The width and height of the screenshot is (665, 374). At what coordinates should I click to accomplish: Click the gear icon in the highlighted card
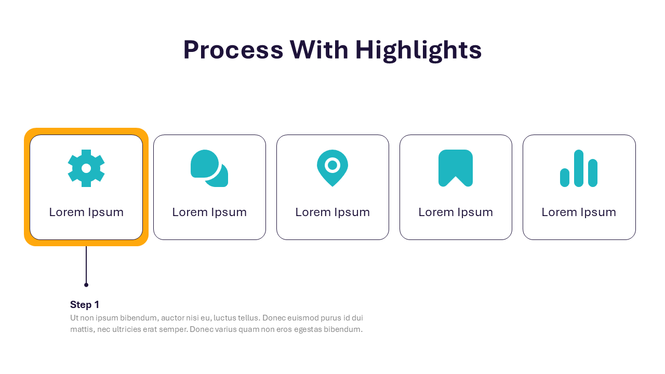point(86,168)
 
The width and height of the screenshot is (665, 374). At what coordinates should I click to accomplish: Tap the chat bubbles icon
point(209,168)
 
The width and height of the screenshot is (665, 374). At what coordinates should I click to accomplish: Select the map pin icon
point(332,168)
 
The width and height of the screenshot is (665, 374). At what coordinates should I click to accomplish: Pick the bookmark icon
point(456,168)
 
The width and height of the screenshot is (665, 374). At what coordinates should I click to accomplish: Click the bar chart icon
point(579,168)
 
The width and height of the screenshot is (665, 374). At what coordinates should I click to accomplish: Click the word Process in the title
point(233,50)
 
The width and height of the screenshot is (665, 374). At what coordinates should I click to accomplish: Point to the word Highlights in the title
point(419,51)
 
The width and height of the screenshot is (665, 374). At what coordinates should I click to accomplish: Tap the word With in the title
point(319,49)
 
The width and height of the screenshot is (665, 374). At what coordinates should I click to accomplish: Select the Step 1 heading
point(85,304)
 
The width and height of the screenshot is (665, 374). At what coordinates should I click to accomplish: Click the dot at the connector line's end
point(86,285)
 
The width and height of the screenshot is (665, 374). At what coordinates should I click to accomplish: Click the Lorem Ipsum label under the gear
point(86,212)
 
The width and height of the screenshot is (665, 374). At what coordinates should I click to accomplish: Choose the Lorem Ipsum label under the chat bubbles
point(209,212)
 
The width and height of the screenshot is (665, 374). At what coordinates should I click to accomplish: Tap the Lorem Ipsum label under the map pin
point(332,212)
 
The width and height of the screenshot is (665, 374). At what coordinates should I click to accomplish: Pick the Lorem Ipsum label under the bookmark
point(456,212)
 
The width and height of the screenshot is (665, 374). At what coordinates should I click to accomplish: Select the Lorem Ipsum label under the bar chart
point(579,212)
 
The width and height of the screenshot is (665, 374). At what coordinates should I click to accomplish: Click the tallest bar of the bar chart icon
point(579,168)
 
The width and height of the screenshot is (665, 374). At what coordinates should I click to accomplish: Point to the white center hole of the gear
point(86,168)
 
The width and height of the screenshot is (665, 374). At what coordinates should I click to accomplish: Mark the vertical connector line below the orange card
point(86,265)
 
